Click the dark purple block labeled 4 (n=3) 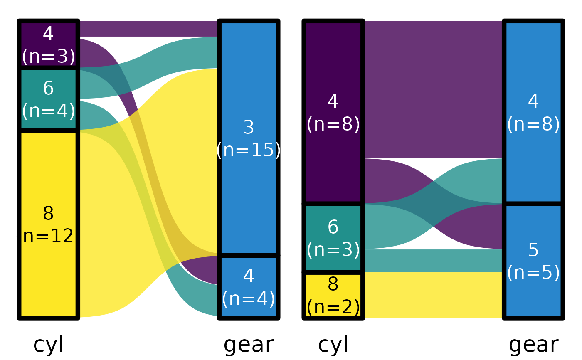pos(48,44)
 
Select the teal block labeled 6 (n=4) pos(48,99)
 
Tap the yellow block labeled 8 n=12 pos(48,224)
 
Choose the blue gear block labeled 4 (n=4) pos(249,287)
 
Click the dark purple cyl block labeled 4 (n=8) pos(333,112)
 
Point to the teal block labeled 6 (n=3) pos(333,238)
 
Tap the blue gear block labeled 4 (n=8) pos(533,112)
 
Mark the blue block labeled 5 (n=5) pos(533,261)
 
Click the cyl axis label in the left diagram pos(49,345)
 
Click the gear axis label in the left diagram pos(249,345)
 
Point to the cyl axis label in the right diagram pos(333,345)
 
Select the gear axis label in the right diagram pos(533,345)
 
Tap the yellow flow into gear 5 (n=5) pos(432,295)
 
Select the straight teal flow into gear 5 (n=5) pos(432,261)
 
